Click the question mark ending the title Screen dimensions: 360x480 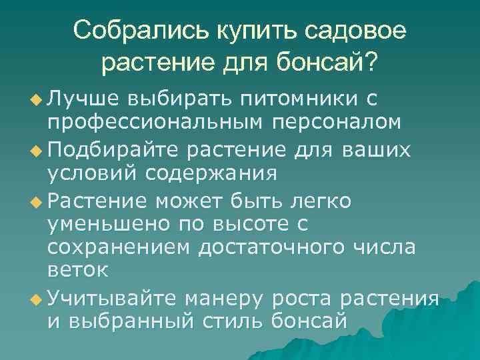(370, 64)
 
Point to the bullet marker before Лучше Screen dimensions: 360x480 (37, 101)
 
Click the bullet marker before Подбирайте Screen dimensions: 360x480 (37, 150)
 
